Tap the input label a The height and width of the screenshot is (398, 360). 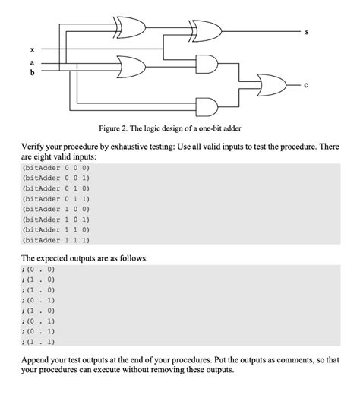(31, 62)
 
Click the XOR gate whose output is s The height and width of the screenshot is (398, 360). (203, 31)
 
